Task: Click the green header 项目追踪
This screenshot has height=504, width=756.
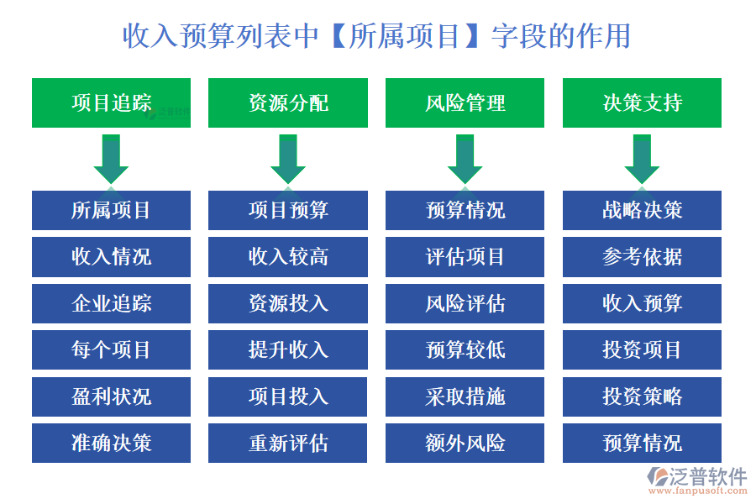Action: tap(111, 103)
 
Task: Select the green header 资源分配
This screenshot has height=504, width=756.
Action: tap(288, 103)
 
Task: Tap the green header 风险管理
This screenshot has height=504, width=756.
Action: tap(465, 103)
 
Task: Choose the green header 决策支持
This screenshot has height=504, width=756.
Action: tap(642, 103)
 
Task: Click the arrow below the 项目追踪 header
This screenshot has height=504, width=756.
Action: tap(111, 159)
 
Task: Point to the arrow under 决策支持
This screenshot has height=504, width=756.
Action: tap(642, 159)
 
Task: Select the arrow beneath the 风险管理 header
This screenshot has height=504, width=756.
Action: tap(465, 159)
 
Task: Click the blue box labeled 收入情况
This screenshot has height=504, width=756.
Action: tap(111, 257)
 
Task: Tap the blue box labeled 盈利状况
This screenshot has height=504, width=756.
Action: tap(111, 396)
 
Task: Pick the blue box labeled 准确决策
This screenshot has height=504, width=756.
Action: tap(111, 443)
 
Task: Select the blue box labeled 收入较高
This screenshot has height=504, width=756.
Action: tap(288, 257)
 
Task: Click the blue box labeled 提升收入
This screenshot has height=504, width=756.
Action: tap(288, 349)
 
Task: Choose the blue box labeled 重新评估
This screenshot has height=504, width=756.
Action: tap(288, 443)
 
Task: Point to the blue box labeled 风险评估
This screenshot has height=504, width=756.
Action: tap(465, 303)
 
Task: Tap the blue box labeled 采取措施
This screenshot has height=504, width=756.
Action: tap(465, 396)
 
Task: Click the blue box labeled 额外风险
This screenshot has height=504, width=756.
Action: tap(465, 443)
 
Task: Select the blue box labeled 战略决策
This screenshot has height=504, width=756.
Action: tap(642, 210)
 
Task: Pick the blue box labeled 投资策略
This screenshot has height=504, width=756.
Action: tap(642, 396)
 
